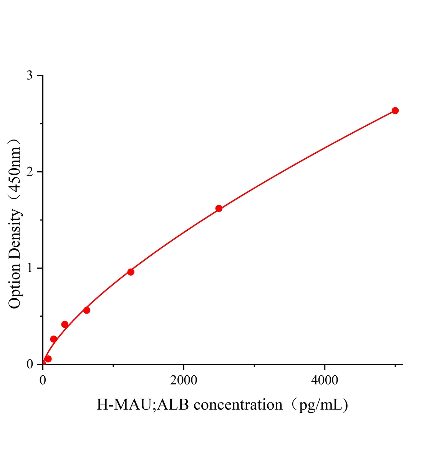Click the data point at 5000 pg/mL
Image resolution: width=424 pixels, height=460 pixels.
pos(395,111)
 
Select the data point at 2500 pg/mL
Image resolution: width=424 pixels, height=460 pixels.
pos(219,209)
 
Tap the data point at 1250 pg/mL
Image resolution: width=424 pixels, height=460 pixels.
pos(131,272)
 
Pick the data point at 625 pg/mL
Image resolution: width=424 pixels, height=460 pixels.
pos(87,310)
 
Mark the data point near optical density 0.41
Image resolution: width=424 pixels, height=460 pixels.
pos(65,324)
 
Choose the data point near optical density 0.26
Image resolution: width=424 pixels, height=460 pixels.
pos(54,339)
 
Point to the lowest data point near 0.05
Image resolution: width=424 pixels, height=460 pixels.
pos(48,359)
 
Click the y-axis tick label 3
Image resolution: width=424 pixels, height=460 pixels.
pos(30,76)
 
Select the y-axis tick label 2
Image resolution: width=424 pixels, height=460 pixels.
pos(30,172)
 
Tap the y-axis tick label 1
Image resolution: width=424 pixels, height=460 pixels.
pos(30,268)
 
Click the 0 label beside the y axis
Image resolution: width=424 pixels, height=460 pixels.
pos(30,364)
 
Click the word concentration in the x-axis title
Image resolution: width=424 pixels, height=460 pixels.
pos(238,405)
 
